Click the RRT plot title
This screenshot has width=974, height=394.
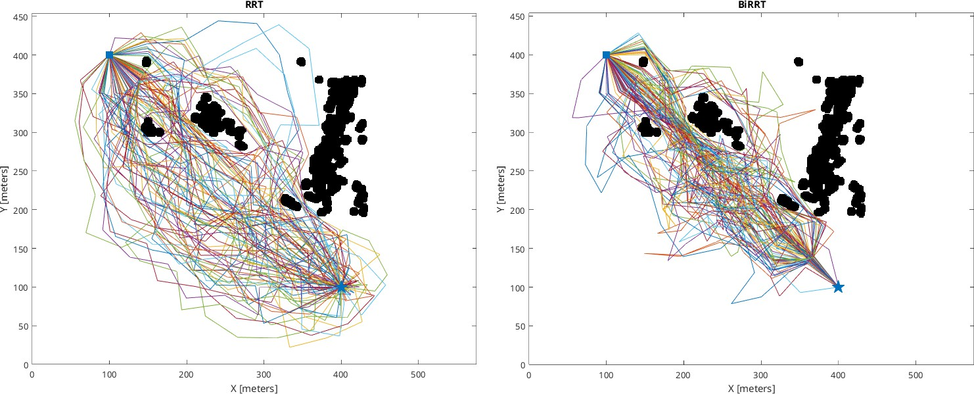(x=254, y=6)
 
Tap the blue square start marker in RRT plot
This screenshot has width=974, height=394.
(x=109, y=55)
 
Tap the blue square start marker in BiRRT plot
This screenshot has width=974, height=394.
(x=606, y=55)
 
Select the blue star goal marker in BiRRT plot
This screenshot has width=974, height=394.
(x=838, y=287)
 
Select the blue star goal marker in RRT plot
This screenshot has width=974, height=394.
(x=340, y=287)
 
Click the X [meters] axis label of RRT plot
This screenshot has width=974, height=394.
(x=254, y=388)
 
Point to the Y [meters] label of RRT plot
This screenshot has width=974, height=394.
(x=6, y=190)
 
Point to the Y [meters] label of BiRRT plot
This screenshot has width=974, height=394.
(x=503, y=190)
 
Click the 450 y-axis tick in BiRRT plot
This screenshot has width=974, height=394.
(x=517, y=16)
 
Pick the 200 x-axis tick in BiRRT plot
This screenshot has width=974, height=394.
(x=684, y=374)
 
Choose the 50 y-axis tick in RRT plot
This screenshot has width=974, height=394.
(x=23, y=326)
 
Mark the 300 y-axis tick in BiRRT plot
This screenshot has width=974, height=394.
(x=517, y=132)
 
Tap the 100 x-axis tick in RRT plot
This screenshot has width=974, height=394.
(x=109, y=374)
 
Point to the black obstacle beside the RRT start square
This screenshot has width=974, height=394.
(x=147, y=62)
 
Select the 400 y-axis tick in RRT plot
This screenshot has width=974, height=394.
(x=20, y=55)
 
